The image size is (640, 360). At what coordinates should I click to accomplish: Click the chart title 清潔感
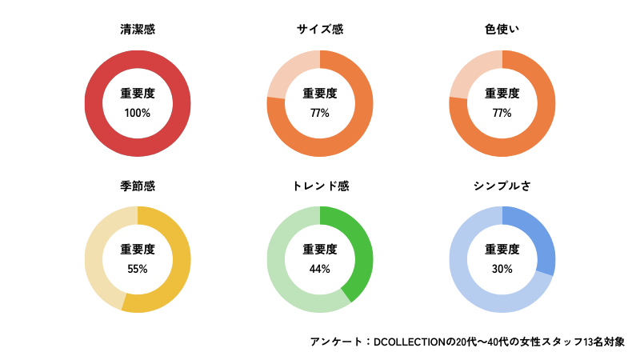[138, 30]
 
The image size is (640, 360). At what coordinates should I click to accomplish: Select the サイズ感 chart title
[320, 30]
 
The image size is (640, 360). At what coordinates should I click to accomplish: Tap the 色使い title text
[502, 30]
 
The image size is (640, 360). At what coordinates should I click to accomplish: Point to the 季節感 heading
[138, 186]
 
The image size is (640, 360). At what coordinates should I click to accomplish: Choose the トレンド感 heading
[320, 186]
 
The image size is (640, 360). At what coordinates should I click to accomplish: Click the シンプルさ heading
[502, 186]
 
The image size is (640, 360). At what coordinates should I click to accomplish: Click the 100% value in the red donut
[138, 113]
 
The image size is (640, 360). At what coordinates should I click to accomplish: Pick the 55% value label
[138, 269]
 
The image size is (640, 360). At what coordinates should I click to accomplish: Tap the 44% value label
[320, 269]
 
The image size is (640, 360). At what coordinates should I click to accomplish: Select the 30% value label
[502, 269]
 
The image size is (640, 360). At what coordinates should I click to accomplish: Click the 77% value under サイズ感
[320, 113]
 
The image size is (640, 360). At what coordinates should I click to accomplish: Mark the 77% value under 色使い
[502, 113]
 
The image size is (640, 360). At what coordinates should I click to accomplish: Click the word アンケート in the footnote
[336, 342]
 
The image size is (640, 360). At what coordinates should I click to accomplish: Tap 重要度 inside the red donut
[138, 94]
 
